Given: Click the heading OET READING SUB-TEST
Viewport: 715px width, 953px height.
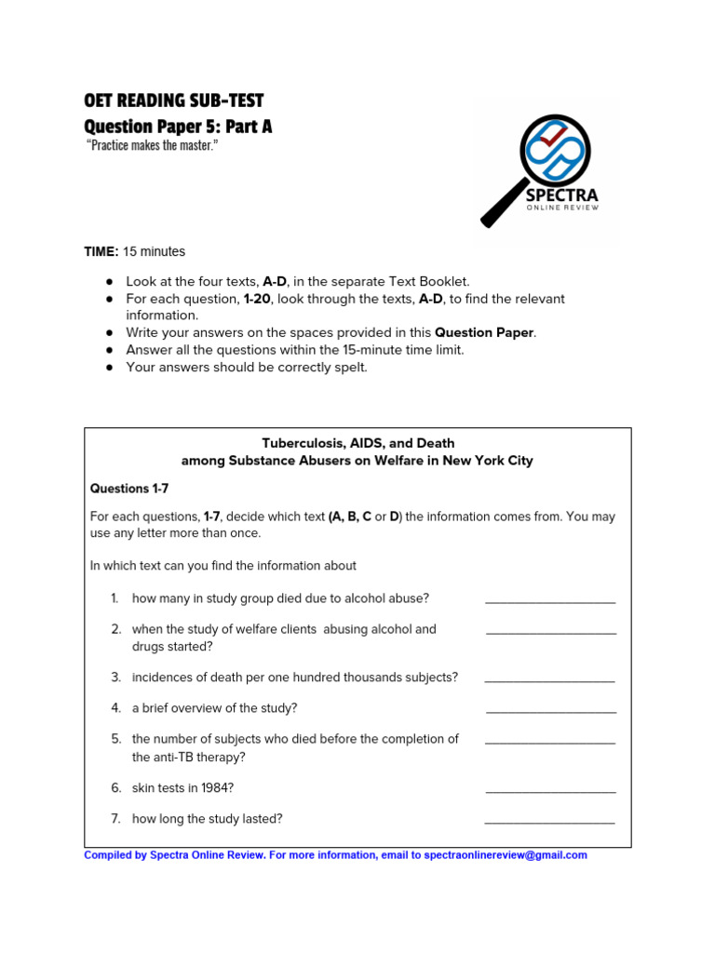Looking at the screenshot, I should pos(174,101).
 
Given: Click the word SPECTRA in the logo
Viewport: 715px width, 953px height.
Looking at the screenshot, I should pos(561,195).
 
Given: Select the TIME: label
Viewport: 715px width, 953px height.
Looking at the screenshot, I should pos(101,251).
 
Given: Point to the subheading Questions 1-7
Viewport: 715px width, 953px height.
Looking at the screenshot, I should pos(129,489).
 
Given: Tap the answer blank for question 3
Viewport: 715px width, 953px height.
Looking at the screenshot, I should pos(550,681).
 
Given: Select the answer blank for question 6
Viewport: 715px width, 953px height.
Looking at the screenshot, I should pos(550,792).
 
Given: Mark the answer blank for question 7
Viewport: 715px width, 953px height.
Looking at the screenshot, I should pos(550,823).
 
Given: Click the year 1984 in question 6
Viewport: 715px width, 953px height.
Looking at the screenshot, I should pos(212,788).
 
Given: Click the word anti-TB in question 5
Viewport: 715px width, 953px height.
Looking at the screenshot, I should pos(175,757).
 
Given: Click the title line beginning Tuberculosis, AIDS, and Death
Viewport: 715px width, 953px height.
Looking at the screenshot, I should pos(357,443).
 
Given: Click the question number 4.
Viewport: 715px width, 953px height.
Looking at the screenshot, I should pos(115,708).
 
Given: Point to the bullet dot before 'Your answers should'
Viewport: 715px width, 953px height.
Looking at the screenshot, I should pos(109,368).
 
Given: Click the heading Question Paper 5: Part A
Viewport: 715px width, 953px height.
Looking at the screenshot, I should pos(178,126).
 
